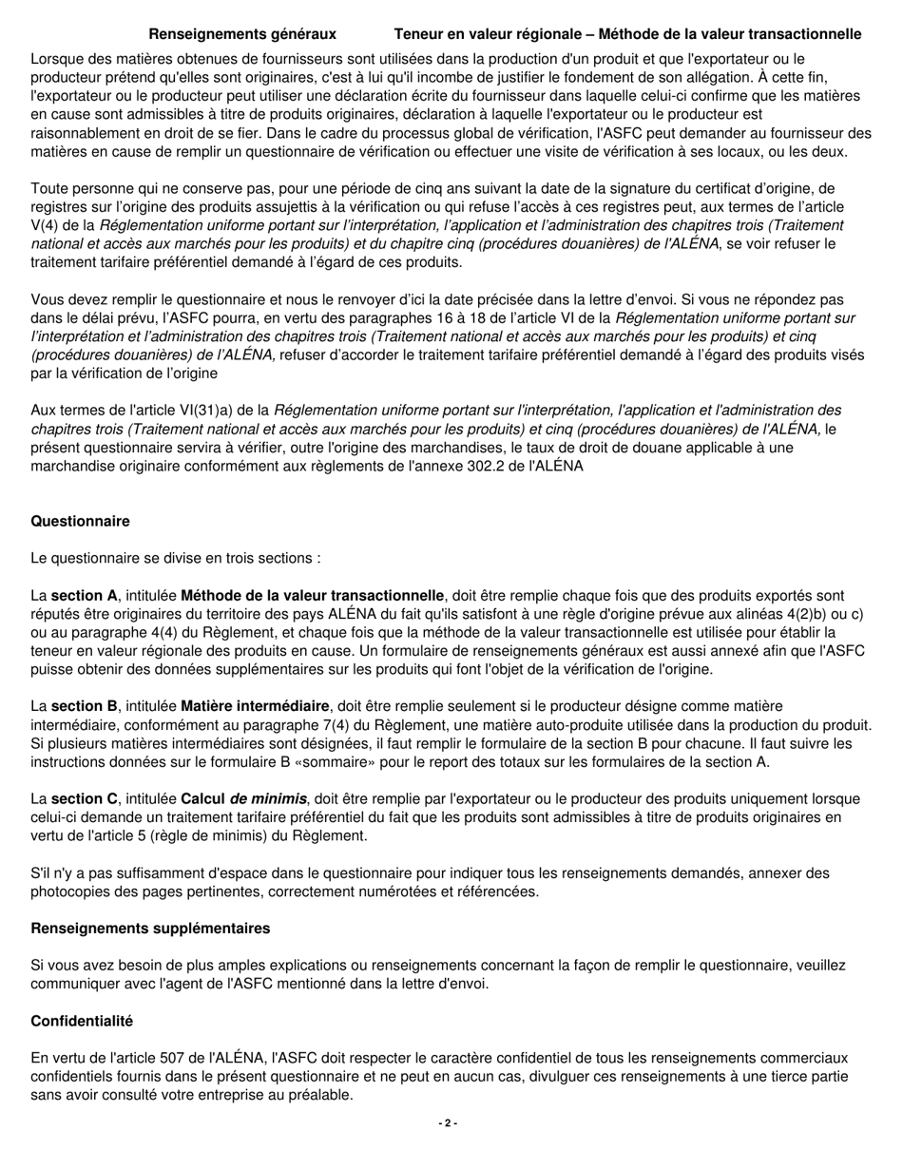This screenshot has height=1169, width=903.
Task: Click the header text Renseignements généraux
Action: point(241,34)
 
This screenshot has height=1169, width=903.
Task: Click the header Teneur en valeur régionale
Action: point(627,34)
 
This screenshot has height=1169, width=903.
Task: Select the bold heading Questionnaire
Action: point(80,521)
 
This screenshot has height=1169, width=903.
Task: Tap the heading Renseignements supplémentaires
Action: point(150,928)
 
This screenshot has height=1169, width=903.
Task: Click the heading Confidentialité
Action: point(82,1021)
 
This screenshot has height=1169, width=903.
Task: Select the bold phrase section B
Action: point(85,706)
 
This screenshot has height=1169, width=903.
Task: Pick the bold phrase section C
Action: point(85,798)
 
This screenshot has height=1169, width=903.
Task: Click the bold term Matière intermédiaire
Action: point(250,706)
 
